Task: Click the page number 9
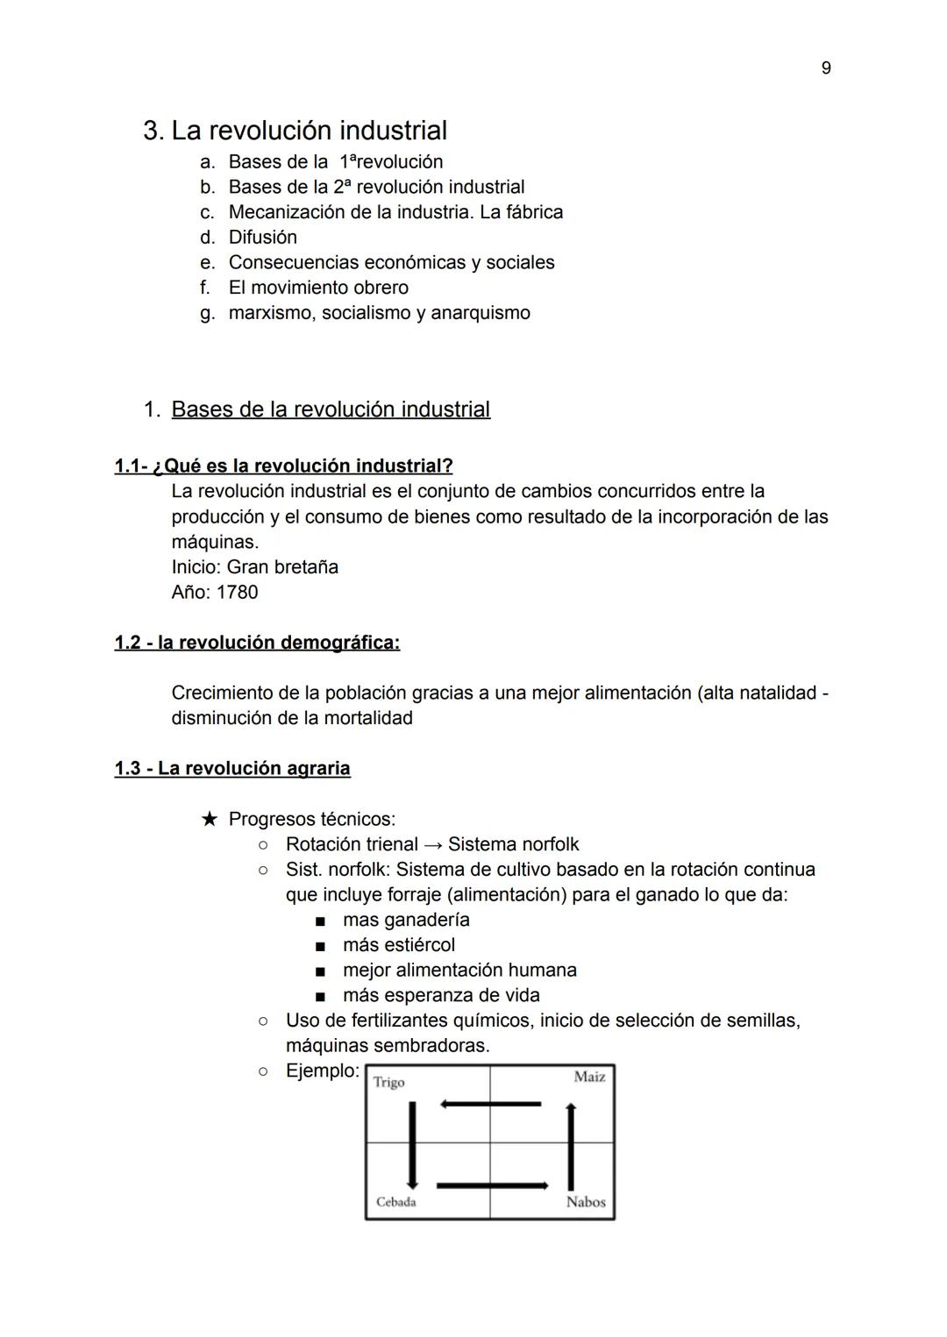coord(826,68)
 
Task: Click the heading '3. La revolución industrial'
coord(295,131)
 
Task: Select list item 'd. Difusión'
coord(249,238)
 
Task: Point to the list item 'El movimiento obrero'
coord(317,288)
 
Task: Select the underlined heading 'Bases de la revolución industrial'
coord(331,409)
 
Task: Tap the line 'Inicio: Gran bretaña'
coord(254,567)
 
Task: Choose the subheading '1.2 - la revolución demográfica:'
coord(257,643)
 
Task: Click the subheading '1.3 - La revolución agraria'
coord(232,769)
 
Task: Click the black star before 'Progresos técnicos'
coord(209,820)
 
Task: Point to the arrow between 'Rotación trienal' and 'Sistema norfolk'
coord(433,845)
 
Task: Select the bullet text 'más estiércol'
coord(398,945)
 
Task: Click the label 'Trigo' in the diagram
coord(388,1083)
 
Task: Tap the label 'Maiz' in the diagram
coord(589,1077)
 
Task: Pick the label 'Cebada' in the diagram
coord(395,1202)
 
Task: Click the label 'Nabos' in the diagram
coord(586,1202)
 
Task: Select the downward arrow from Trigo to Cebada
coord(412,1145)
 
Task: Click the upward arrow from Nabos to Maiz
coord(571,1147)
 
